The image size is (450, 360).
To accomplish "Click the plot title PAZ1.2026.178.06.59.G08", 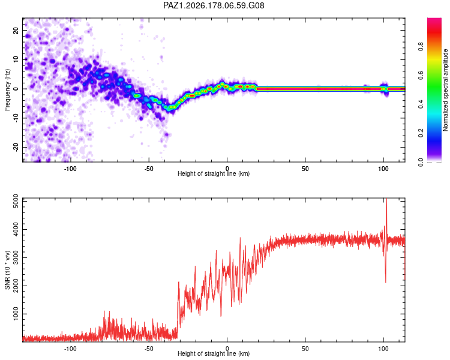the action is point(214,5).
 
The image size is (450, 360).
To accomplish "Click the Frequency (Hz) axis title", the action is point(7,89).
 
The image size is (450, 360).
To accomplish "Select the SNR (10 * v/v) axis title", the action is point(7,270).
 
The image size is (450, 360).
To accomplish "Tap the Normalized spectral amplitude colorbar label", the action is point(445,90).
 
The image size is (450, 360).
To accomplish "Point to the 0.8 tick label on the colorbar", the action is point(421,46).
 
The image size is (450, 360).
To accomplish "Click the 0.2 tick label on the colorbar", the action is point(421,133).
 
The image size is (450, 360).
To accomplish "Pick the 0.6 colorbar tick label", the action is point(421,75).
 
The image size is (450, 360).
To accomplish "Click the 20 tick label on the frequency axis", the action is point(16,31).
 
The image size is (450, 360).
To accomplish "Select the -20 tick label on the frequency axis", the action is point(16,147).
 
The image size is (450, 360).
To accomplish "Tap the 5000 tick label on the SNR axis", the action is point(16,201).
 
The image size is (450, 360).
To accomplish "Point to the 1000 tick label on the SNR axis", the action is point(16,314).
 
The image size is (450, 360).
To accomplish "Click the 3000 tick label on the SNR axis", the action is point(16,257).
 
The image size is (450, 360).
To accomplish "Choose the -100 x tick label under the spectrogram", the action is point(70,169).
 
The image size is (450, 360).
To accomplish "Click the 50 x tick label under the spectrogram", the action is point(305,169).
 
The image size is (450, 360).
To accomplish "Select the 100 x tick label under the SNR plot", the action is point(383,349).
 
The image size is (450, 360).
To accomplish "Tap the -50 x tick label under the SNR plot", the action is point(148,349).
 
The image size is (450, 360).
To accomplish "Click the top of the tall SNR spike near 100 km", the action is point(386,199).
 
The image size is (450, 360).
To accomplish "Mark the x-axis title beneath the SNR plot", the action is point(214,353).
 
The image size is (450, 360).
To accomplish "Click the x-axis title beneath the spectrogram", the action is point(214,173).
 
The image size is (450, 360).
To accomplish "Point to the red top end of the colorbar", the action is point(434,19).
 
